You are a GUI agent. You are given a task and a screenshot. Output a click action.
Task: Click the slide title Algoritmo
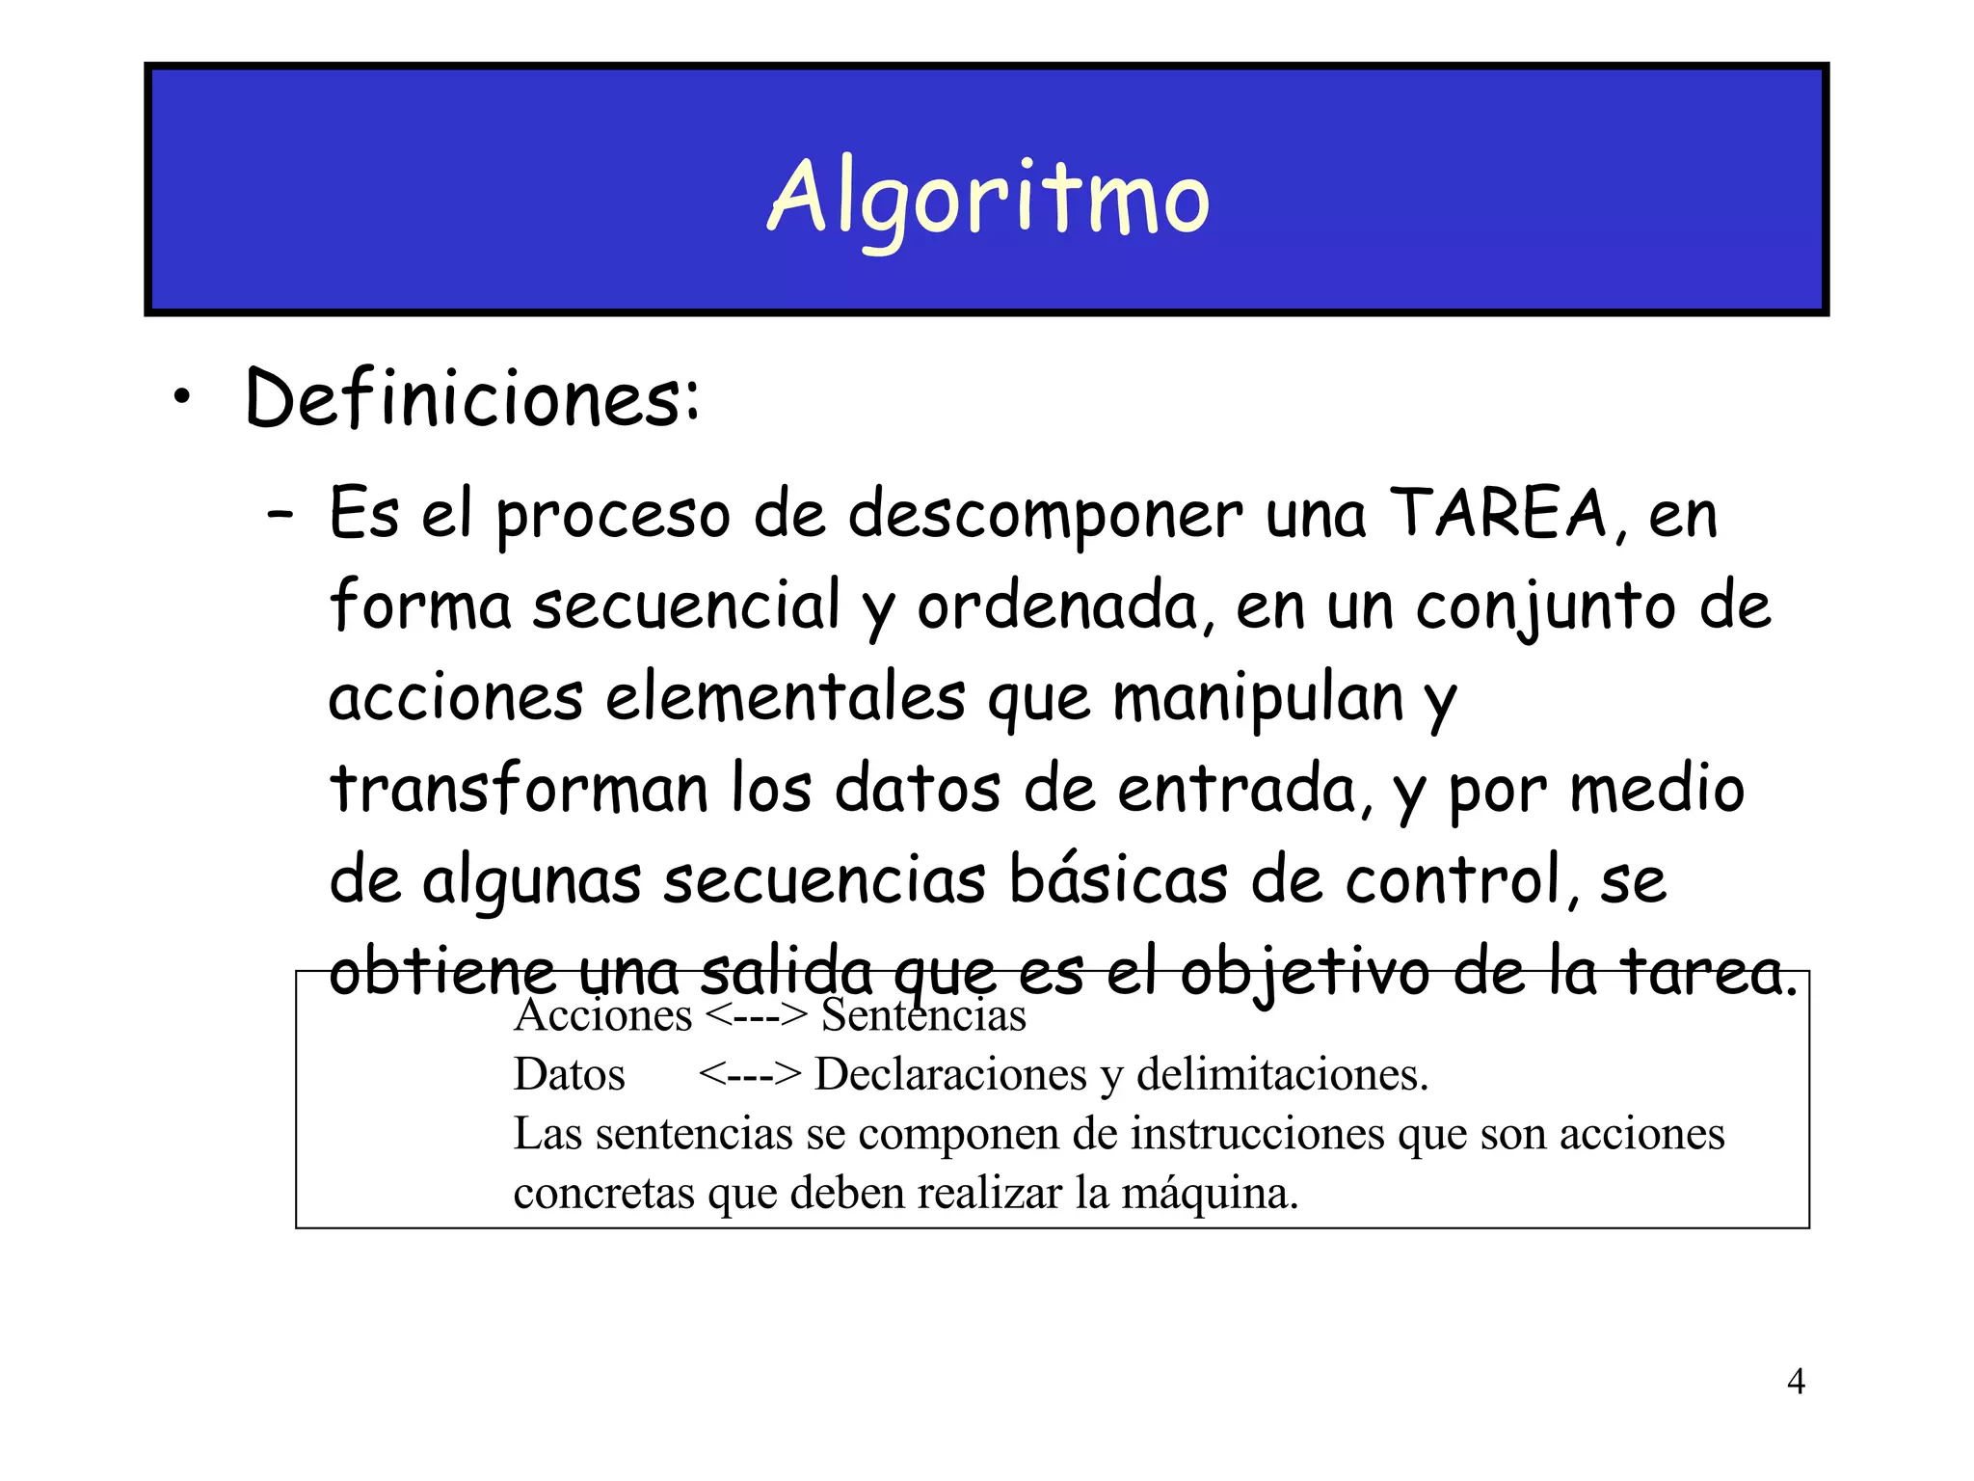click(988, 198)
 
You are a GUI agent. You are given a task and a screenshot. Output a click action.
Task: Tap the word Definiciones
click(469, 399)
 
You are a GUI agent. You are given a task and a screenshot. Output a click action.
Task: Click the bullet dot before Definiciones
click(182, 399)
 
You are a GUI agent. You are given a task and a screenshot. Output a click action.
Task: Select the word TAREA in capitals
click(1498, 513)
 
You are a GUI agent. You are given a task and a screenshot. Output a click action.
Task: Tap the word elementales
click(785, 697)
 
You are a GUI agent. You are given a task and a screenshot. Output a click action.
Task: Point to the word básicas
click(1118, 879)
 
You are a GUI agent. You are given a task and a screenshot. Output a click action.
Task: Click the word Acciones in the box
click(603, 1015)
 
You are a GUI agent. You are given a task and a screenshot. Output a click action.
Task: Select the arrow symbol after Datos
click(749, 1074)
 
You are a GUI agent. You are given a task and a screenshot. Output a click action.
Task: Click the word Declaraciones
click(950, 1074)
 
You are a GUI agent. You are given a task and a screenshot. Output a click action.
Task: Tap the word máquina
click(1210, 1194)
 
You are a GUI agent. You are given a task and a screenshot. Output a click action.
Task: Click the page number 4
click(1796, 1382)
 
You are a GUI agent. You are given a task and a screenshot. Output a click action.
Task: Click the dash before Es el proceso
click(280, 515)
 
